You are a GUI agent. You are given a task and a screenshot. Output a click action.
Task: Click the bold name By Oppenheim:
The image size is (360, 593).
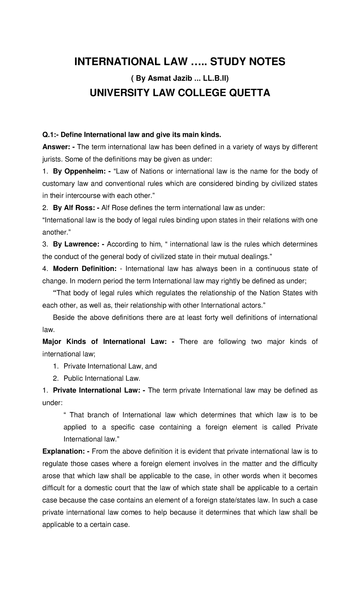click(x=79, y=171)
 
